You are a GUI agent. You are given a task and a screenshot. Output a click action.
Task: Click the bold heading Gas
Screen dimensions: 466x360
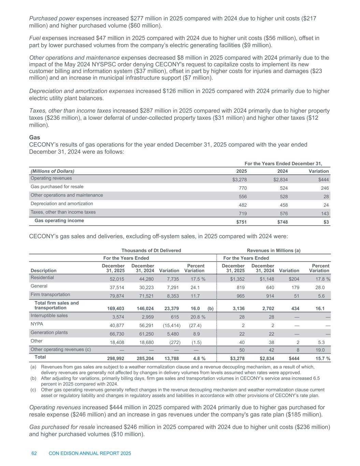[34, 137]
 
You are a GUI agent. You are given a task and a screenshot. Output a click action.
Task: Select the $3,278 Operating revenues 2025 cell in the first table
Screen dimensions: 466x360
[239, 180]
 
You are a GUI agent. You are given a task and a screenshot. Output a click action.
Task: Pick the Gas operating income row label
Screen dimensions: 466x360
[59, 221]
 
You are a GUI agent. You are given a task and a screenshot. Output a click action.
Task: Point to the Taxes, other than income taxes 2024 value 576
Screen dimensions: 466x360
[282, 213]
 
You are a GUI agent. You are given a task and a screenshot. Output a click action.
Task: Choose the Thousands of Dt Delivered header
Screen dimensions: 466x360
[151, 250]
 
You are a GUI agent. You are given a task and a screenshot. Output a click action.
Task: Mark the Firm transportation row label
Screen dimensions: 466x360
[50, 294]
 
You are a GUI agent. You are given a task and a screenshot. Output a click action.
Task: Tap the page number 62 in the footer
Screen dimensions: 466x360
[34, 453]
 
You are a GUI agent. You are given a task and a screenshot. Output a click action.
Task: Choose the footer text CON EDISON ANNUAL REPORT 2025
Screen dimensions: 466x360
[90, 453]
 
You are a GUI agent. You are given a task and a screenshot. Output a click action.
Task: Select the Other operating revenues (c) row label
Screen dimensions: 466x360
[60, 349]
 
